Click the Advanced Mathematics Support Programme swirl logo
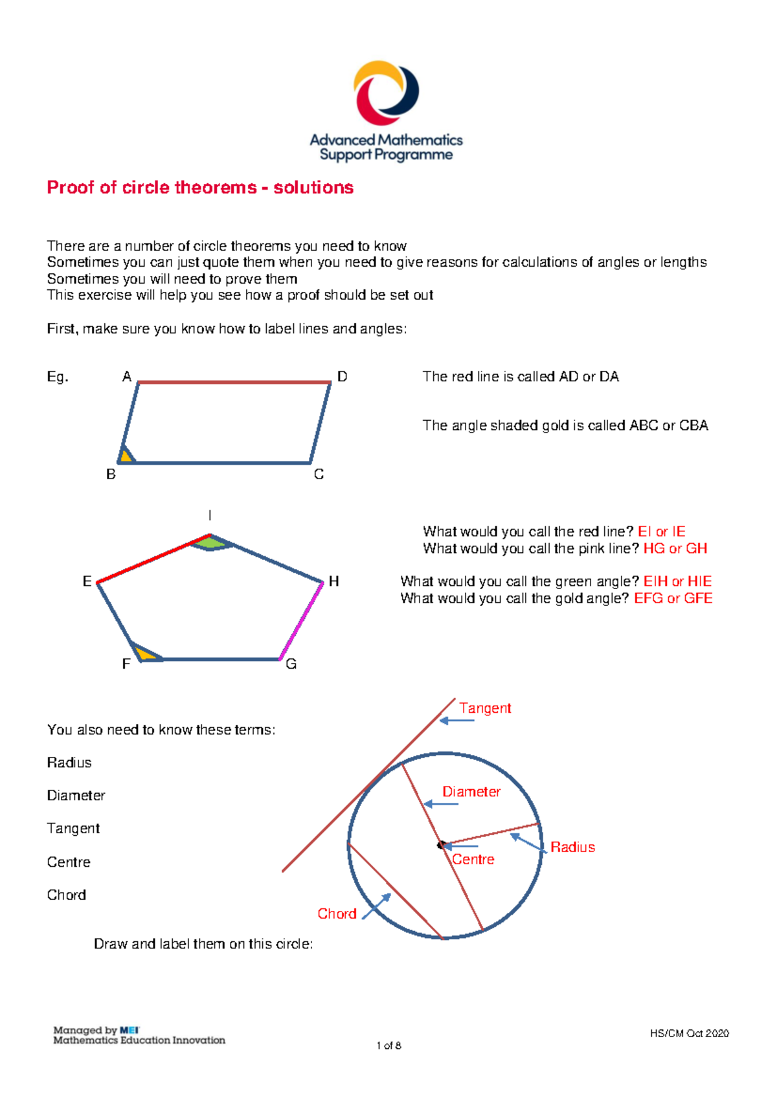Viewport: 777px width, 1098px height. click(386, 93)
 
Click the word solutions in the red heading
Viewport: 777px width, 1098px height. click(313, 188)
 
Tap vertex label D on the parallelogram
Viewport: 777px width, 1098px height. click(343, 377)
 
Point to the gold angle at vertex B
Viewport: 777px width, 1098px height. click(126, 456)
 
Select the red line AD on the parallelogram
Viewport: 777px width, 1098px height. click(234, 383)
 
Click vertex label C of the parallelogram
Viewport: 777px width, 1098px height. click(319, 475)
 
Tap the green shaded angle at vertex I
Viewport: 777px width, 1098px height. click(210, 543)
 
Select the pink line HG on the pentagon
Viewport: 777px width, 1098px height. click(302, 620)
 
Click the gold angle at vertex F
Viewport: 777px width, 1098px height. click(145, 654)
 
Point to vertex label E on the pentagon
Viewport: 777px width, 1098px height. click(87, 581)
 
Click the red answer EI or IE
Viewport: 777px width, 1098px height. click(661, 532)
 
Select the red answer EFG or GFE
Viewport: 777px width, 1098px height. click(673, 598)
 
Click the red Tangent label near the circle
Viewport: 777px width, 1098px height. click(485, 708)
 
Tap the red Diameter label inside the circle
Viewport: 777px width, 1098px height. click(471, 792)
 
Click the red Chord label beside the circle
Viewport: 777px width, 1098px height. click(337, 913)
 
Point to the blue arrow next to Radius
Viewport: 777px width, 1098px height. click(528, 842)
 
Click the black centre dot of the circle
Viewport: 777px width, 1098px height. click(442, 845)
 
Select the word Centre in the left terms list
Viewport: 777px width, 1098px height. click(69, 862)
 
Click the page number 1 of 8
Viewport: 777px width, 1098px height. click(388, 1046)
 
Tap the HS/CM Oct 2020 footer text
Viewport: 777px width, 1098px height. click(689, 1033)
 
